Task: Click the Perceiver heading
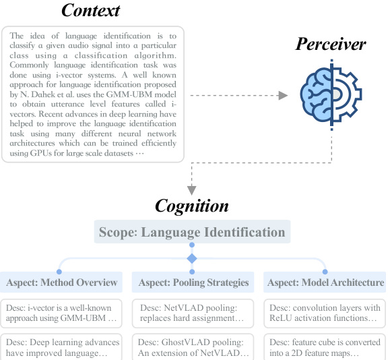tap(331, 44)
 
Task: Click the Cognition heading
tap(192, 206)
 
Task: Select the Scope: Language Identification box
tap(192, 233)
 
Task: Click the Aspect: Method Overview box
tap(62, 282)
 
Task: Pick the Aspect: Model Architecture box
tap(325, 282)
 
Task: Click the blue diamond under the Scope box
tap(192, 259)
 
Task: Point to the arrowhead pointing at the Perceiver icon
tap(283, 96)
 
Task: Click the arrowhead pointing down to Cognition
tap(192, 191)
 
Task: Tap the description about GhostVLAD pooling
tap(193, 347)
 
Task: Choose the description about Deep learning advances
tap(62, 347)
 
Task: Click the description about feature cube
tap(325, 347)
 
